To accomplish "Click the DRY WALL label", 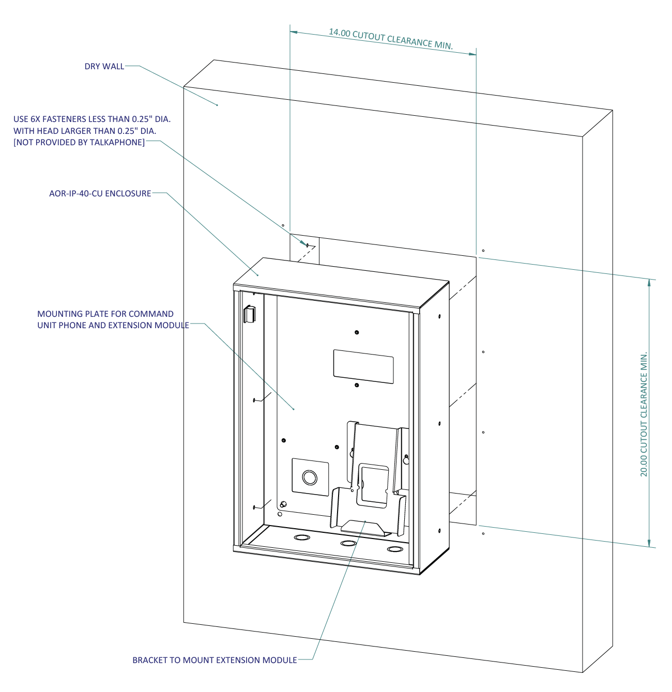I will coord(104,67).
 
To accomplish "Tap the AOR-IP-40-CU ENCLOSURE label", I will coord(100,194).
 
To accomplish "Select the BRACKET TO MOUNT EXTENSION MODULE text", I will coord(215,660).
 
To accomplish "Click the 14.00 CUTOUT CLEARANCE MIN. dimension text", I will coord(391,39).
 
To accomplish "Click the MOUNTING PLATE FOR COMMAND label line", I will coord(105,314).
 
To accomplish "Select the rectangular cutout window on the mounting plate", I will coord(363,366).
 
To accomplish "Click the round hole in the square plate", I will coord(310,476).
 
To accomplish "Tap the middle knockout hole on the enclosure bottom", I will coord(348,543).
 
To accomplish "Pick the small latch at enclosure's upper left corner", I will coord(249,314).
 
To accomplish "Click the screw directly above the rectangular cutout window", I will coord(357,332).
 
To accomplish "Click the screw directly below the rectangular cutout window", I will coord(357,385).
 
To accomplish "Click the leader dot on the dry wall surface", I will coord(217,105).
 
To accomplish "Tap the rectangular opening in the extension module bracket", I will coord(373,484).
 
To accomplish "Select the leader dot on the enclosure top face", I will coord(257,275).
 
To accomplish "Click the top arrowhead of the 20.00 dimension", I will coord(649,283).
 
